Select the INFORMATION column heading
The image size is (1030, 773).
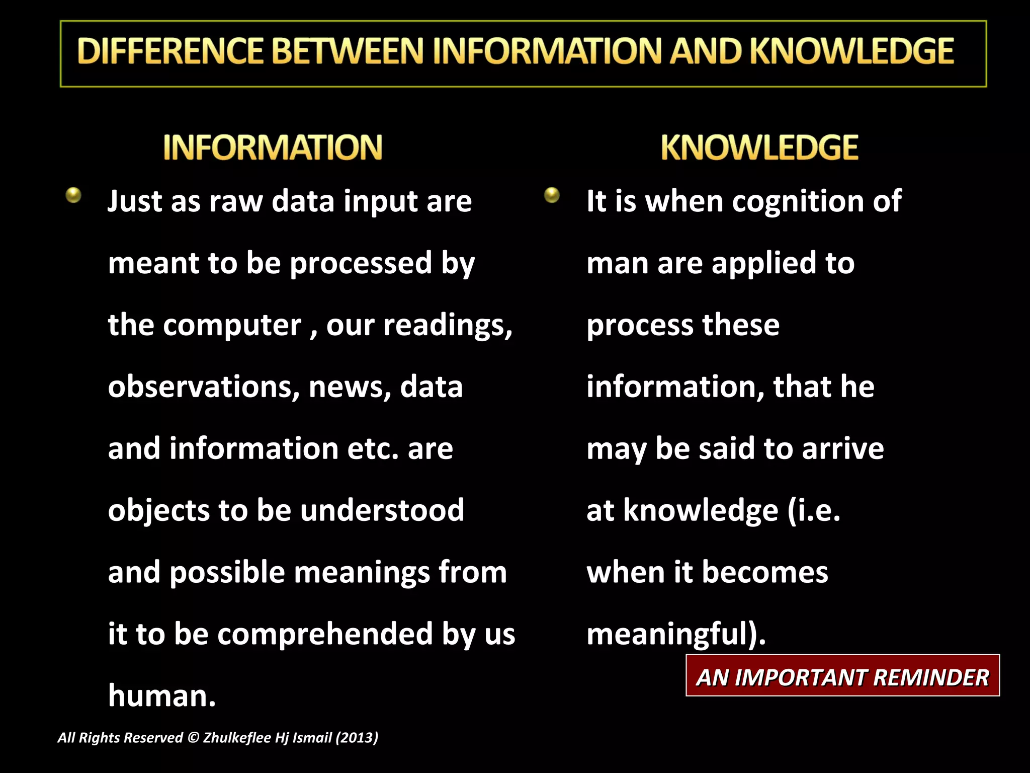click(273, 147)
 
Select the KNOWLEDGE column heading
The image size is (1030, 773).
click(759, 147)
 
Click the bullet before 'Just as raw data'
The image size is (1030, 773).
click(73, 195)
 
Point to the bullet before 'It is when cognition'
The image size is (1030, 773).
click(552, 195)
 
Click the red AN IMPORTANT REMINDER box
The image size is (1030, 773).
click(842, 676)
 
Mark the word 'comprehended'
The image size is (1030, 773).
click(325, 634)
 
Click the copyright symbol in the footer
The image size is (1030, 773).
click(193, 738)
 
